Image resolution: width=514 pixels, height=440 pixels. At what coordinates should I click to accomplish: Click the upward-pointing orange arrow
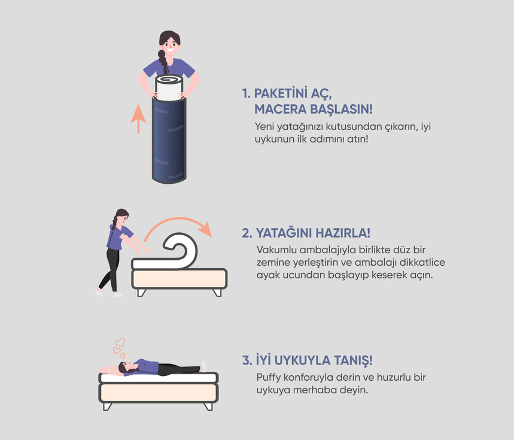tap(138, 119)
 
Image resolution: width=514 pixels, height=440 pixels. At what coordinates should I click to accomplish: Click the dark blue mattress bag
tap(169, 140)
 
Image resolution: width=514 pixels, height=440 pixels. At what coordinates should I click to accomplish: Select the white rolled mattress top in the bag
tap(169, 87)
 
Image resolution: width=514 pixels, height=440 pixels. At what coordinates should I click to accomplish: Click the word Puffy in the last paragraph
tap(269, 378)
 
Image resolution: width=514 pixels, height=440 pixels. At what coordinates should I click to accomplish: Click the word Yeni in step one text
tap(264, 126)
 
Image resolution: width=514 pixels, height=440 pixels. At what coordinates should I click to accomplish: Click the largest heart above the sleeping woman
tap(120, 342)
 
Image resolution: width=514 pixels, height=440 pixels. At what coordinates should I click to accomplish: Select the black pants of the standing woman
tap(111, 269)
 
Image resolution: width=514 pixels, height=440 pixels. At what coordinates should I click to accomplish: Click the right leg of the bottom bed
tap(208, 406)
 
